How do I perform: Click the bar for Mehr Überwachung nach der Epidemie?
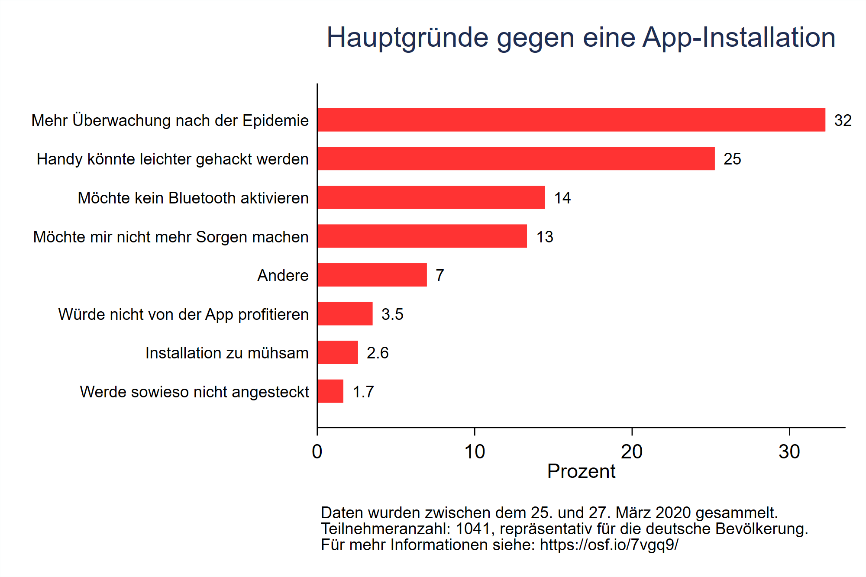pyautogui.click(x=571, y=120)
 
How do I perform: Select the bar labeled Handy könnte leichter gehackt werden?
pyautogui.click(x=515, y=158)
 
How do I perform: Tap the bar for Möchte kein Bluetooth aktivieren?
pyautogui.click(x=430, y=197)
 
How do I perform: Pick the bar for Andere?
pyautogui.click(x=372, y=275)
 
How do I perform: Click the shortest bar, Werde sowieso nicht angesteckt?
pyautogui.click(x=330, y=391)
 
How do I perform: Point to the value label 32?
pyautogui.click(x=843, y=120)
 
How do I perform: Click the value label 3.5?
pyautogui.click(x=392, y=314)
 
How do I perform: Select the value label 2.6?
pyautogui.click(x=377, y=353)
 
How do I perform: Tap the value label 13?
pyautogui.click(x=544, y=237)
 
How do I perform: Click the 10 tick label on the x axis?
pyautogui.click(x=474, y=452)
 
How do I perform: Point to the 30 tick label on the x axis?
pyautogui.click(x=789, y=452)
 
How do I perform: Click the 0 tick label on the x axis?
pyautogui.click(x=317, y=452)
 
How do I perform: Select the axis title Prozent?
pyautogui.click(x=581, y=471)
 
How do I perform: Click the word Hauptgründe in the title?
pyautogui.click(x=407, y=38)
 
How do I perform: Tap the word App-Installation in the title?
pyautogui.click(x=738, y=37)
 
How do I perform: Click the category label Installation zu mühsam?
pyautogui.click(x=226, y=353)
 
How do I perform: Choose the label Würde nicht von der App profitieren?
pyautogui.click(x=183, y=314)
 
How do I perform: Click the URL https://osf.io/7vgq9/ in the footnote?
pyautogui.click(x=609, y=545)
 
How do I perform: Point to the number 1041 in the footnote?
pyautogui.click(x=472, y=529)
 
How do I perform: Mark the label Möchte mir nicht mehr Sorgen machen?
pyautogui.click(x=171, y=237)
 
